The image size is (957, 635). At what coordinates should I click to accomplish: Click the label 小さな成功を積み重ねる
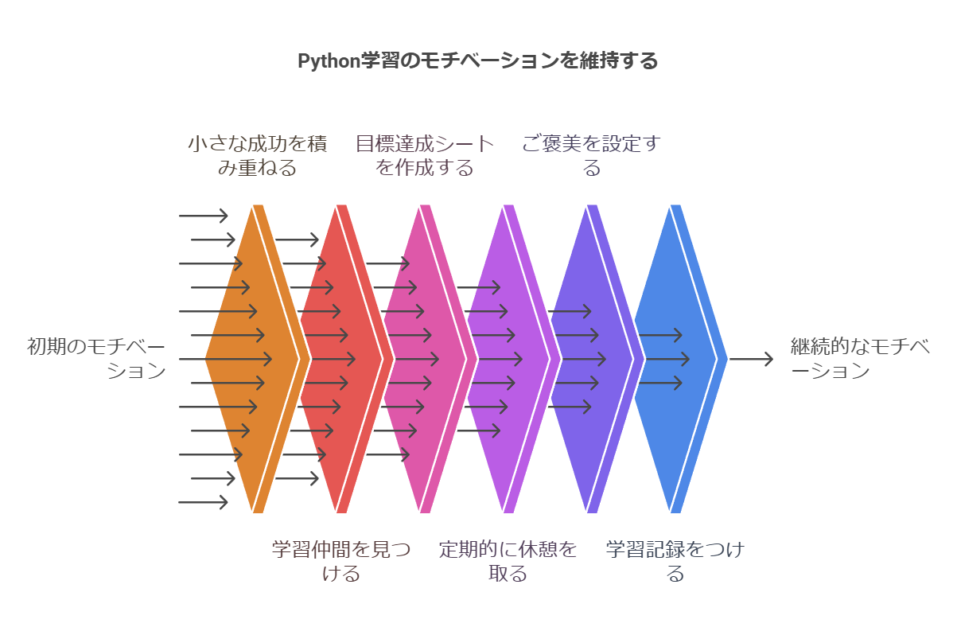(x=257, y=156)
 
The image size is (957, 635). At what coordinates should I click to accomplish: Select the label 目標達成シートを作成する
(x=425, y=156)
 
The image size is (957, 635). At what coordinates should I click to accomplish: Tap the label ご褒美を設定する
(x=591, y=156)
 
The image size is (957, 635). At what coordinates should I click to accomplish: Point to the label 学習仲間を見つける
(x=341, y=562)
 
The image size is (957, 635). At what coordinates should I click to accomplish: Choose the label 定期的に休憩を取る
(x=508, y=562)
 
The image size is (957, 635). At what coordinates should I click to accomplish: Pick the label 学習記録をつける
(x=675, y=562)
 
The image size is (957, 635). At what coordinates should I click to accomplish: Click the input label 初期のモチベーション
(x=96, y=359)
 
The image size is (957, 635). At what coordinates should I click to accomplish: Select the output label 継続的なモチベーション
(x=860, y=359)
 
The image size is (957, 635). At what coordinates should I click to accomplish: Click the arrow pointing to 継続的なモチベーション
(x=751, y=360)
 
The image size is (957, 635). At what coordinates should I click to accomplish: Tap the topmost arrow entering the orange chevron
(x=204, y=216)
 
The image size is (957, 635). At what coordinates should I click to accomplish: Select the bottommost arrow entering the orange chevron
(x=204, y=502)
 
